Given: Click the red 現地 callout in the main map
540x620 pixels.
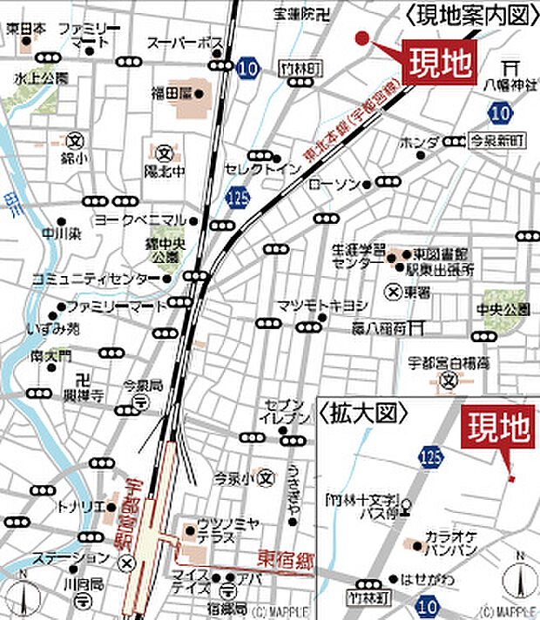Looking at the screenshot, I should [441, 62].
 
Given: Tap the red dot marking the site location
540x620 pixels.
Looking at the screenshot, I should [361, 37].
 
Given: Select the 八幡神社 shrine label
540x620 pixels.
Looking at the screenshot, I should [509, 85].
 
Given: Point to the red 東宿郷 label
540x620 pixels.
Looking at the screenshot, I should [285, 558].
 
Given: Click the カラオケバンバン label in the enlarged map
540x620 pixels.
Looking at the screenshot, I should [449, 545].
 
